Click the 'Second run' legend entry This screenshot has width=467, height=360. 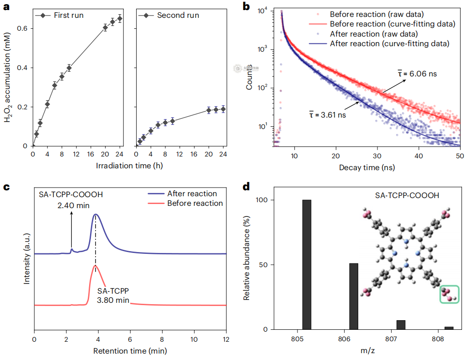[178, 16]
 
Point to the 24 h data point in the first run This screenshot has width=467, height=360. [120, 19]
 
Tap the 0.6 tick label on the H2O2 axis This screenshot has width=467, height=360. [21, 28]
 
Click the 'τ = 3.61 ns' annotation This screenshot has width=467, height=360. [328, 115]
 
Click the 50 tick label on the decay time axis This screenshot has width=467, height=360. [460, 156]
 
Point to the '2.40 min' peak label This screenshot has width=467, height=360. [71, 206]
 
